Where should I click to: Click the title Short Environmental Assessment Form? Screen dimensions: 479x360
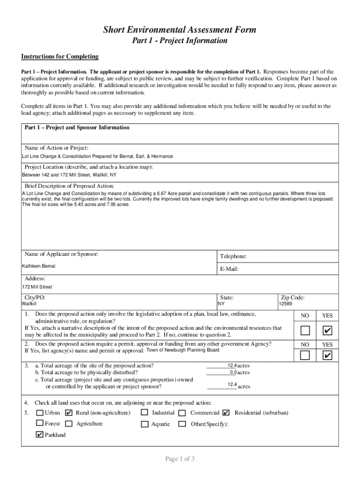click(x=180, y=30)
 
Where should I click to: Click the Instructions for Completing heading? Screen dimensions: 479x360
click(x=60, y=57)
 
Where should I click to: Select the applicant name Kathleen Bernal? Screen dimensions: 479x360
click(x=39, y=266)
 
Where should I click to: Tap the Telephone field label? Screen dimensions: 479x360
click(x=233, y=256)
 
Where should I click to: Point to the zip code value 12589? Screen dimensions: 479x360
click(x=286, y=304)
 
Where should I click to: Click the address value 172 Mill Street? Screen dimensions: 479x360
click(x=37, y=287)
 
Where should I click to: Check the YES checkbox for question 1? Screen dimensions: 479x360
click(x=328, y=331)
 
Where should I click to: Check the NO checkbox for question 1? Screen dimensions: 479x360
click(x=305, y=331)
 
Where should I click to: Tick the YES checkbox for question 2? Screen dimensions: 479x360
click(x=328, y=356)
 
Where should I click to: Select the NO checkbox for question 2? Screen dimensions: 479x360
click(x=305, y=356)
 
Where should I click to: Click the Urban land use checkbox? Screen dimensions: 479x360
click(x=40, y=413)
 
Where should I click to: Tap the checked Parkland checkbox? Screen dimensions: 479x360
click(x=40, y=435)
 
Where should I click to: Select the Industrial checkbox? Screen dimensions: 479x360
click(x=144, y=413)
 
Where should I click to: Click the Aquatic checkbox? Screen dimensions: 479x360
click(x=144, y=424)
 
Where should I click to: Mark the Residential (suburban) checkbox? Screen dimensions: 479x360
click(x=226, y=413)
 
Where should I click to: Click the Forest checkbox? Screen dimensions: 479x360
click(x=40, y=424)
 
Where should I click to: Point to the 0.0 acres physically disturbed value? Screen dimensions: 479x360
click(x=233, y=372)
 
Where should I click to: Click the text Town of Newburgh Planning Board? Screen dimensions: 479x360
click(x=183, y=350)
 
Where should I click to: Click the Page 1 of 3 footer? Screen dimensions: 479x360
click(x=180, y=459)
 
